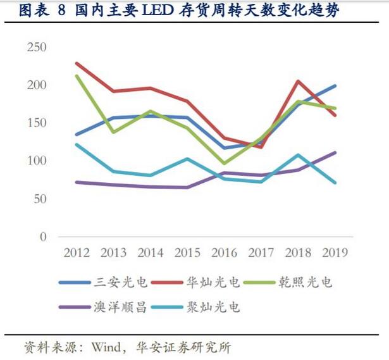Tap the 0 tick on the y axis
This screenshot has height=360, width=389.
[x=43, y=237]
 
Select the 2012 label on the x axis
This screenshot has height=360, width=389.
[x=76, y=252]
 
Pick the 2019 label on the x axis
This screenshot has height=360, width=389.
[x=335, y=252]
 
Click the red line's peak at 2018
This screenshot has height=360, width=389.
[x=298, y=81]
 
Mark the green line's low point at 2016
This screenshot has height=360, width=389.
[x=224, y=163]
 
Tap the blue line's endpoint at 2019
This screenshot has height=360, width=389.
[x=335, y=86]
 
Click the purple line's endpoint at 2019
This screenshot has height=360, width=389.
[x=335, y=152]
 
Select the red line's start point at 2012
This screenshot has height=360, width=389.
[x=76, y=63]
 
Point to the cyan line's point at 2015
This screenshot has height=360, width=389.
[x=187, y=159]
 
